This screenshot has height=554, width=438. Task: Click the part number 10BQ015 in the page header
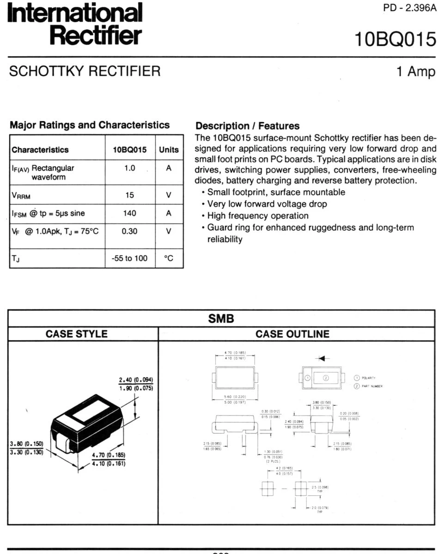[x=395, y=40]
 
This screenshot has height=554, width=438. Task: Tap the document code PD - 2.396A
[x=410, y=8]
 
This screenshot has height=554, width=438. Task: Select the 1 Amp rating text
[x=416, y=72]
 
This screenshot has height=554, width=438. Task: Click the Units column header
[x=169, y=150]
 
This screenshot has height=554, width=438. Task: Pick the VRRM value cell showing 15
[x=129, y=195]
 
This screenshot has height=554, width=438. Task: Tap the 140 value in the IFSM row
[x=129, y=213]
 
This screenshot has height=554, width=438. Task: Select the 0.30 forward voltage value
[x=129, y=231]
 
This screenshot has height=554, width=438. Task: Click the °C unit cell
[x=169, y=259]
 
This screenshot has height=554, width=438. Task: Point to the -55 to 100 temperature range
[x=129, y=259]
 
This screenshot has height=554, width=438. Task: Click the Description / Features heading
[x=248, y=126]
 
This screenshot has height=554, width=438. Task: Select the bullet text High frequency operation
[x=258, y=216]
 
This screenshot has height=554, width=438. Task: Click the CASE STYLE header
[x=83, y=334]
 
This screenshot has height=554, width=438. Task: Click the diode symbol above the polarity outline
[x=319, y=358]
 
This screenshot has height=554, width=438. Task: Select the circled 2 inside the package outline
[x=326, y=378]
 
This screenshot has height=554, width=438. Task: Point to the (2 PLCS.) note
[x=270, y=462]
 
